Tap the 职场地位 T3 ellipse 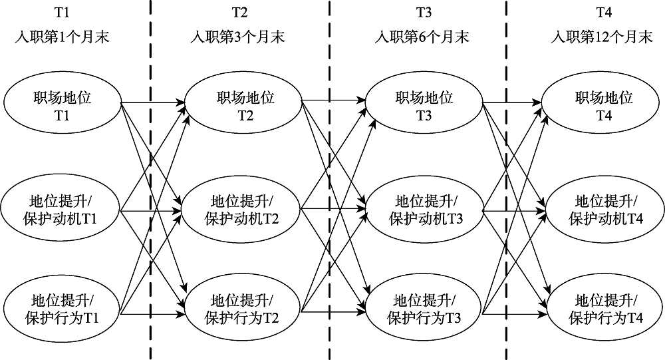click(424, 105)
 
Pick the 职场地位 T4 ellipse click(604, 105)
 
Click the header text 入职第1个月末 click(62, 37)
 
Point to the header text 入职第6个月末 click(422, 37)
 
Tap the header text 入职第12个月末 click(602, 37)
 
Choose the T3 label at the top click(422, 12)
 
